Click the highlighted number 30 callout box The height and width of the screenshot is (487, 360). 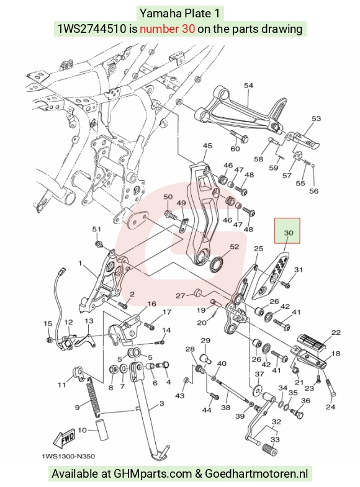click(287, 230)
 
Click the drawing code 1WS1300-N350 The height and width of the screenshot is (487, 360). click(68, 456)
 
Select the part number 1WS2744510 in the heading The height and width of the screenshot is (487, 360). click(92, 29)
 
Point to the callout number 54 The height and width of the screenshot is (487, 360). click(248, 86)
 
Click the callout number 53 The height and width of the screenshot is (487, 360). click(316, 118)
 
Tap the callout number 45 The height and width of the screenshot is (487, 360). click(207, 146)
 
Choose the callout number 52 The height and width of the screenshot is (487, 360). click(235, 247)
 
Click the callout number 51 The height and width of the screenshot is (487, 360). click(97, 229)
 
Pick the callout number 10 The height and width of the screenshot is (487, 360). click(82, 430)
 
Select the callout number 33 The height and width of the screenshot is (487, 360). click(275, 439)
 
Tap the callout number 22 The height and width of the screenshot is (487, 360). click(336, 333)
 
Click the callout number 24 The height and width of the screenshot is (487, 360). click(330, 406)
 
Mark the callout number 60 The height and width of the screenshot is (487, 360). click(235, 148)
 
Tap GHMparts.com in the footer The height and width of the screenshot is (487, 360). click(153, 474)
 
